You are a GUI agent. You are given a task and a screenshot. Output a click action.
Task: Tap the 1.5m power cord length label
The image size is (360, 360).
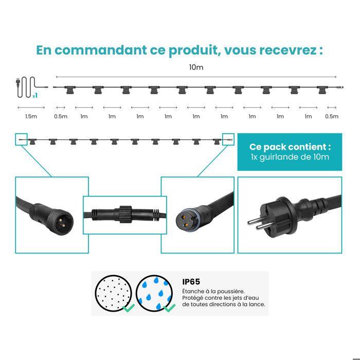(x=31, y=116)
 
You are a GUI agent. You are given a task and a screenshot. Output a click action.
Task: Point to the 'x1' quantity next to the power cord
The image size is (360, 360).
(x=34, y=96)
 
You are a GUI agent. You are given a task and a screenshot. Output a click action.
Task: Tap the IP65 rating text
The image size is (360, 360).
(x=191, y=282)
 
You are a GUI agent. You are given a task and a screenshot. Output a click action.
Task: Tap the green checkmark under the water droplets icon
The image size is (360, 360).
(x=169, y=308)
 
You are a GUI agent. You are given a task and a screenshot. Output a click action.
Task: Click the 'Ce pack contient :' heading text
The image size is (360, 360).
(x=290, y=147)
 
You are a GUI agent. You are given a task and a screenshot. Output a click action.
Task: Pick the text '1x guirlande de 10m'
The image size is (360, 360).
(x=290, y=157)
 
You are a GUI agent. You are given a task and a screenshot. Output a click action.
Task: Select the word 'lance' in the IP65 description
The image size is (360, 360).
(x=256, y=304)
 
